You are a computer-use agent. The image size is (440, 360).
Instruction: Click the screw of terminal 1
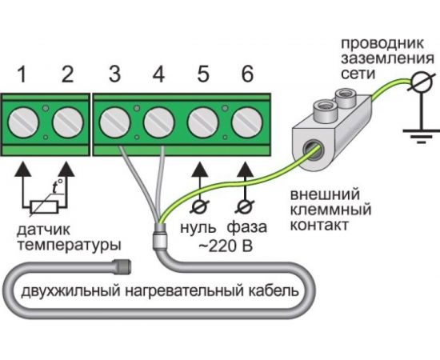23,125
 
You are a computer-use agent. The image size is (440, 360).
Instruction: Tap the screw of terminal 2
67,125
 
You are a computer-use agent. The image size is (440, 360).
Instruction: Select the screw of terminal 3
115,125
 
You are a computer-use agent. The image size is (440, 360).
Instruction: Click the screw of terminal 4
159,125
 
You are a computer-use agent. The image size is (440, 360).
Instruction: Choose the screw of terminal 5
203,125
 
